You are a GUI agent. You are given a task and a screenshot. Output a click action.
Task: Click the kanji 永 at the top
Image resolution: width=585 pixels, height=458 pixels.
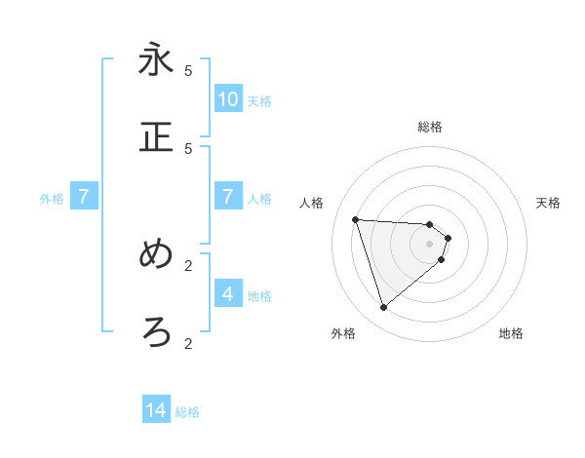(156, 59)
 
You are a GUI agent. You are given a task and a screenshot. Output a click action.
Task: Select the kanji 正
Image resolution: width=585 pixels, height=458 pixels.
(156, 137)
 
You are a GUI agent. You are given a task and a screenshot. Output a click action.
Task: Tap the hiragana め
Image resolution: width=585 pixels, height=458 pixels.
(156, 254)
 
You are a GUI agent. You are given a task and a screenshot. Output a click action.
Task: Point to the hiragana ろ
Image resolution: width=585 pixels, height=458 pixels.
(156, 332)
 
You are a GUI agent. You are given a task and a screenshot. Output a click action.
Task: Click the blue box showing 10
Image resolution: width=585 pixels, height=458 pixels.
(228, 98)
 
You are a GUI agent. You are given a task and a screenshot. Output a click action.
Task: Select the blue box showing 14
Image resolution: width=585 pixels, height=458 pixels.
(156, 410)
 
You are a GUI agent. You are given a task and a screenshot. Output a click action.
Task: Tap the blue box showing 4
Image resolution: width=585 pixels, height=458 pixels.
(228, 293)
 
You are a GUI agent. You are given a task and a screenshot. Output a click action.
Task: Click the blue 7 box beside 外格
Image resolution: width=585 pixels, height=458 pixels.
(84, 197)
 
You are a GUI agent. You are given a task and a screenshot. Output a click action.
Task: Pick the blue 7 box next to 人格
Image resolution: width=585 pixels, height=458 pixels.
(228, 197)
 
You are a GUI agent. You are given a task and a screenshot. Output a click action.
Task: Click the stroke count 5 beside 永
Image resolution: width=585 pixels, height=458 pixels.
(188, 70)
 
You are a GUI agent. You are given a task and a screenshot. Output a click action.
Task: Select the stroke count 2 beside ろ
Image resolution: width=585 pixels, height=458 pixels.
(188, 343)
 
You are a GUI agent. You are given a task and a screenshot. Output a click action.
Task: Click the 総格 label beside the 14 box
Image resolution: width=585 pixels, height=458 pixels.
(187, 412)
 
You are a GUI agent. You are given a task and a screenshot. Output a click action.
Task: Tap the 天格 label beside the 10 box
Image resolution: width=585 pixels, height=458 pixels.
(259, 100)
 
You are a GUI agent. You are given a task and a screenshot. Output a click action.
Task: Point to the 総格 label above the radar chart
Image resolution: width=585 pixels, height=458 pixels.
(430, 127)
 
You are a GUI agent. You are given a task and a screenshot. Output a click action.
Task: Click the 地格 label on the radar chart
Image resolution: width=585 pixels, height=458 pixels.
(511, 333)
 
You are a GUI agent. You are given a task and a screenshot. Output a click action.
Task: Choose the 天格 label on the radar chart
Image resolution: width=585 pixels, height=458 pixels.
(548, 203)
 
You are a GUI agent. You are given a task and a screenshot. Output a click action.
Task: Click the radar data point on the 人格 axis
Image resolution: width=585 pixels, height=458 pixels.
(355, 219)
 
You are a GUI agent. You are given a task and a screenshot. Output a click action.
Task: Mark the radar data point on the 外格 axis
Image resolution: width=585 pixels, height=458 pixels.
(383, 308)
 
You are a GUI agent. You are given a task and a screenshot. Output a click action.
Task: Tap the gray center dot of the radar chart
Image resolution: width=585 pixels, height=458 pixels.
(430, 244)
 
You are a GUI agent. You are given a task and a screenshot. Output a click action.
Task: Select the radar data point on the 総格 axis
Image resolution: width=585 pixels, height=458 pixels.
(430, 225)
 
